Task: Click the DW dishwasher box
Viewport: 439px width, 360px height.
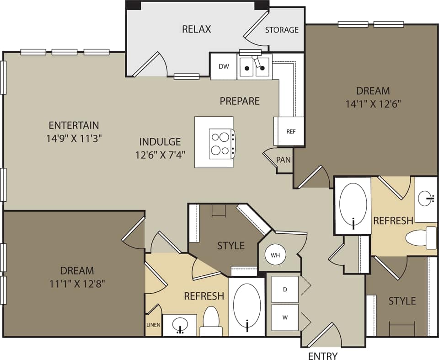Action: [x=224, y=67]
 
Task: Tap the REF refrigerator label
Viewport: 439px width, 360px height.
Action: [x=291, y=131]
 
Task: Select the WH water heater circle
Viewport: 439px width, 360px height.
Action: [x=275, y=255]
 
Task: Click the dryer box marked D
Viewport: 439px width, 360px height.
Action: [x=285, y=289]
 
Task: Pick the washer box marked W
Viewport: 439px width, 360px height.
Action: [x=285, y=317]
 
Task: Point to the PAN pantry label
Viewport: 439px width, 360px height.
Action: [x=284, y=160]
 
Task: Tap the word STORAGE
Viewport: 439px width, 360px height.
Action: [x=282, y=30]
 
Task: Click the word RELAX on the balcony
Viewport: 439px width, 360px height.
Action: [x=197, y=29]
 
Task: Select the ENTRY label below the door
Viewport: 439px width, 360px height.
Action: [x=323, y=355]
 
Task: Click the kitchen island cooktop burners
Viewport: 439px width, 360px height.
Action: [x=221, y=144]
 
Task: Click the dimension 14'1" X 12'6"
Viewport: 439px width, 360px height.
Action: [x=373, y=104]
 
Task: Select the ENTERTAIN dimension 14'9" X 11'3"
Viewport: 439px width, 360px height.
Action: [x=74, y=138]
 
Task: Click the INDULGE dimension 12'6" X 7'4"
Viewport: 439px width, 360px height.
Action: [x=160, y=155]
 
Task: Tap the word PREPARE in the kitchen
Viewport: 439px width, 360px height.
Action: [x=240, y=101]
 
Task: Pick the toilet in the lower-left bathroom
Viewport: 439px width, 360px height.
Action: [x=211, y=322]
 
